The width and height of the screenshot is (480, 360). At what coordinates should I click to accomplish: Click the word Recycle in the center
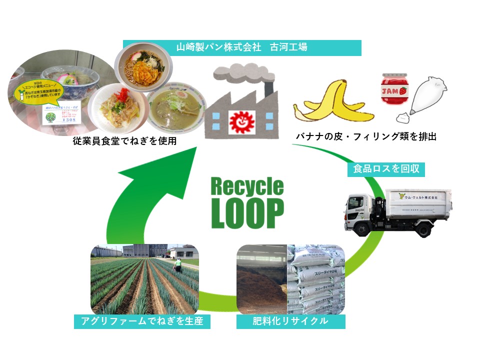pos(247,187)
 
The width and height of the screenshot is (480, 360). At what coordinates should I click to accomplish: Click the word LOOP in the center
pos(247,212)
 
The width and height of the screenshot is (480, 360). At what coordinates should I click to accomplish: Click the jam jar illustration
pos(392,90)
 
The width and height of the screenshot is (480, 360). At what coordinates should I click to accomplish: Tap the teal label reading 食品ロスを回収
pos(386,169)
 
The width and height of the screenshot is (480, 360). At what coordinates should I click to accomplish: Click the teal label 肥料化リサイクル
pos(290,321)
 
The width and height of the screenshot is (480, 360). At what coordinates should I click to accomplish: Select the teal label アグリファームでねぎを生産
pos(141,321)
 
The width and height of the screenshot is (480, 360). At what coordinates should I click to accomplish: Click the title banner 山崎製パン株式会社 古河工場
pos(241,47)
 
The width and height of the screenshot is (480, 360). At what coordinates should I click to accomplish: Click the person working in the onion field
pos(178,265)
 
